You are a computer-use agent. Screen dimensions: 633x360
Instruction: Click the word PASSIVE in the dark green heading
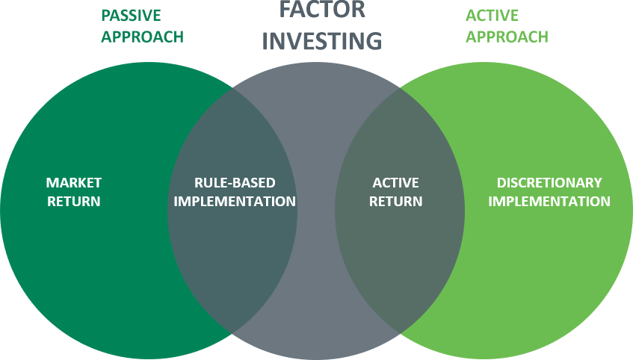[x=131, y=16]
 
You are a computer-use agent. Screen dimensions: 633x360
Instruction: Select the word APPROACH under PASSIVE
[x=142, y=37]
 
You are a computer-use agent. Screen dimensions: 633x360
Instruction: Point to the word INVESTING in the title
[x=322, y=41]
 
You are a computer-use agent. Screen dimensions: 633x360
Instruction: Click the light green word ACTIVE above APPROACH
[x=492, y=16]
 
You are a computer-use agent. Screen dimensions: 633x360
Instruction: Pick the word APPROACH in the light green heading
[x=507, y=37]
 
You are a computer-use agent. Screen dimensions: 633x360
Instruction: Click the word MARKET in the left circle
[x=73, y=182]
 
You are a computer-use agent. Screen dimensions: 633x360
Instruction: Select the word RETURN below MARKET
[x=73, y=201]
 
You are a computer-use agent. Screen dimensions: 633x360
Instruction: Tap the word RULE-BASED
[x=235, y=182]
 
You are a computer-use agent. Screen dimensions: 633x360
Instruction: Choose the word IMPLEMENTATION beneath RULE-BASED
[x=235, y=201]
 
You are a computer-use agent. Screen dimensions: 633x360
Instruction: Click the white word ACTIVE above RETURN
[x=395, y=182]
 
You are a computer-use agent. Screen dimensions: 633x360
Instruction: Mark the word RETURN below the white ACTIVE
[x=395, y=201]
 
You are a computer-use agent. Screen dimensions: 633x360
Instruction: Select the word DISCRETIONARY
[x=549, y=182]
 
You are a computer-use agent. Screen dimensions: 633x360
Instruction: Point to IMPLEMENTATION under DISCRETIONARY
[x=549, y=201]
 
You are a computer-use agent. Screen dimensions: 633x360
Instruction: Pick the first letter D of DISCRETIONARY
[x=501, y=182]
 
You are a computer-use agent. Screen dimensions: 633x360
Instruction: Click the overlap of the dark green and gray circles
[x=232, y=210]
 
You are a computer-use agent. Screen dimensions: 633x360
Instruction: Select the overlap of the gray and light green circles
[x=400, y=210]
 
